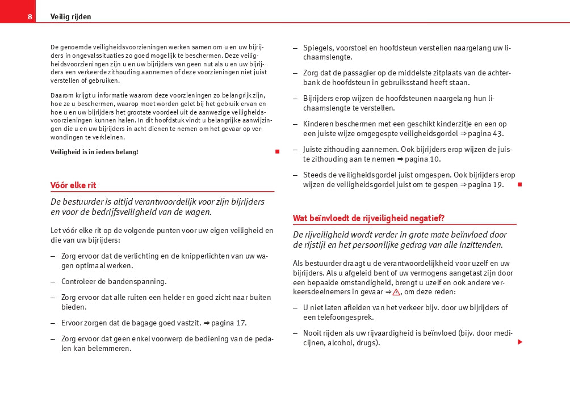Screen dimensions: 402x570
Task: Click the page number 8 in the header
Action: tap(30, 17)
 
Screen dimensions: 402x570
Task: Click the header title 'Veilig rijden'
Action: tap(70, 17)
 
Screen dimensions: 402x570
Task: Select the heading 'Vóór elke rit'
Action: tap(73, 185)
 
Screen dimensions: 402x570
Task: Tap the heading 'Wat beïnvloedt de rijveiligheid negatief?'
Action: tap(368, 218)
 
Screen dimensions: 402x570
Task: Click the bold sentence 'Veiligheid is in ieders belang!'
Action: tap(94, 152)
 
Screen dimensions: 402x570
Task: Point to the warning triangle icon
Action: tap(396, 292)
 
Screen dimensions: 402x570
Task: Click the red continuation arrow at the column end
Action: tap(519, 342)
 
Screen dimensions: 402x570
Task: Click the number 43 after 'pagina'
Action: tap(498, 134)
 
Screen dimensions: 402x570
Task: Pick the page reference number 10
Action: tap(435, 159)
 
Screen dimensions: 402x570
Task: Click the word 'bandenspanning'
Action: tap(140, 282)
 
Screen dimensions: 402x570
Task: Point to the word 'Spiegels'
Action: tap(318, 48)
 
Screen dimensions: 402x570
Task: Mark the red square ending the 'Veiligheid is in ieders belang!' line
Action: tap(277, 152)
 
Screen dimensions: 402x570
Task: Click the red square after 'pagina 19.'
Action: tap(519, 185)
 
